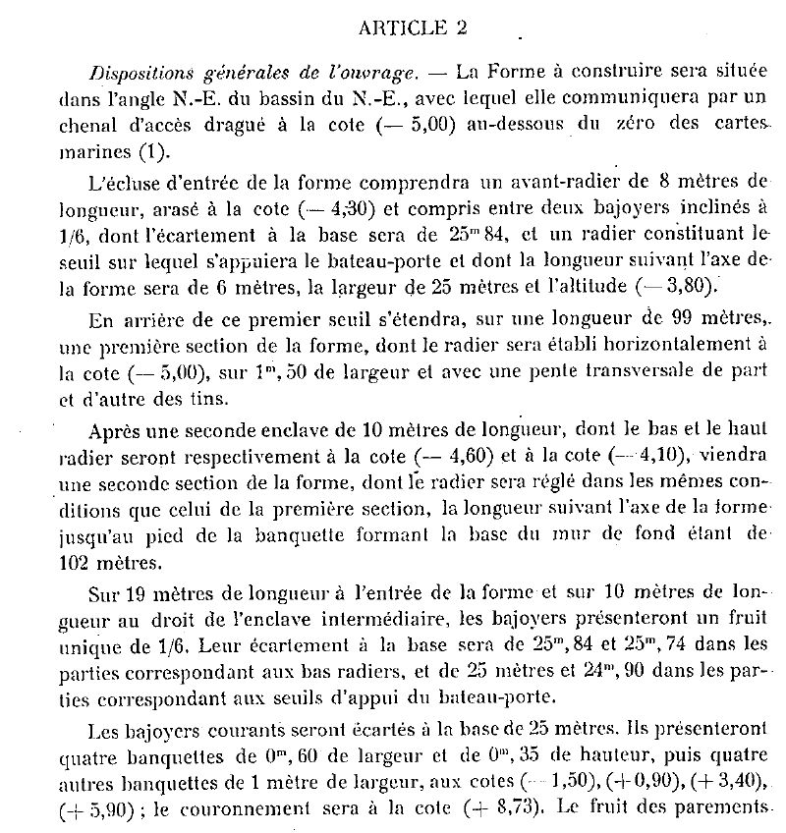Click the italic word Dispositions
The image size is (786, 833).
point(139,73)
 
